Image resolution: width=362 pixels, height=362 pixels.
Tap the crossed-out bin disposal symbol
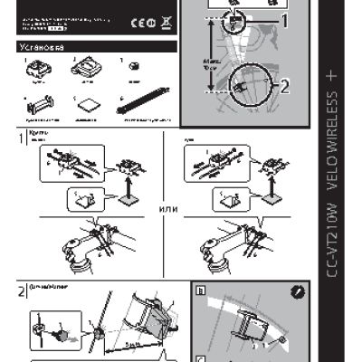(x=167, y=22)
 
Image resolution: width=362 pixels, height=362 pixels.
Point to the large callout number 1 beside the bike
(x=285, y=19)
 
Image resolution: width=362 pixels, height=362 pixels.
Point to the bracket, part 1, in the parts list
(x=38, y=66)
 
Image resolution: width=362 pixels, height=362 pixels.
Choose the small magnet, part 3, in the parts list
(x=133, y=66)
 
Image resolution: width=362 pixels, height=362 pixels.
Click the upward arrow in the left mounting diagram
(x=122, y=185)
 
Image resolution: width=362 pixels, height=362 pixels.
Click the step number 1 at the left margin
(x=21, y=139)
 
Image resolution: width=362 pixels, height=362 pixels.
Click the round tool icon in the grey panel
(x=299, y=292)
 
